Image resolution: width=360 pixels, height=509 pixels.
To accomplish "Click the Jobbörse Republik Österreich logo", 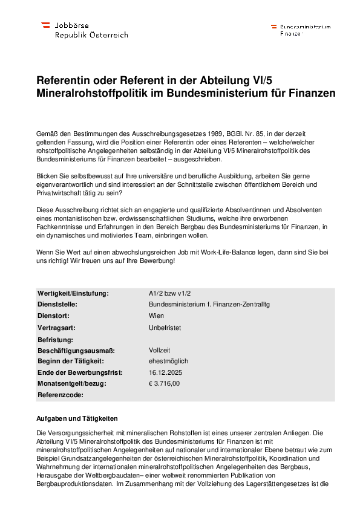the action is [84, 30].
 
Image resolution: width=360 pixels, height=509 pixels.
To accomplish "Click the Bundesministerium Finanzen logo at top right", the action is [301, 30].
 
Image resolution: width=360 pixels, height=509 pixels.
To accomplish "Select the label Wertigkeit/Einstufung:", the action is [73, 294].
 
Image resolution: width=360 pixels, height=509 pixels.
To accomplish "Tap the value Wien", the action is [156, 316].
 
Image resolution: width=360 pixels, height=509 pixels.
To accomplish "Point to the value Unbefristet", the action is [165, 328].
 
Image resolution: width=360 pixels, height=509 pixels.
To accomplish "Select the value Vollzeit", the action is [160, 350].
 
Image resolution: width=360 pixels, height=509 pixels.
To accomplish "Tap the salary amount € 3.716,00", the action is [165, 383].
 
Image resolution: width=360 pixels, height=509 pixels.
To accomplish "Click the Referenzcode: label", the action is [61, 395].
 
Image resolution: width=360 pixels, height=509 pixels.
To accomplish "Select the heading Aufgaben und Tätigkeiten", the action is [77, 419].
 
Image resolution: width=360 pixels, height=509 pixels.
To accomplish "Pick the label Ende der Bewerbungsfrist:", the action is [79, 372].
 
